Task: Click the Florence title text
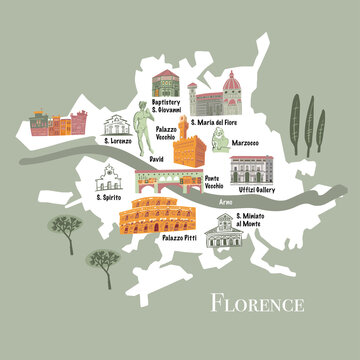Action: coord(256,301)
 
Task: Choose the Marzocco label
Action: coord(244,143)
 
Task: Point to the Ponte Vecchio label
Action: coord(214,182)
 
